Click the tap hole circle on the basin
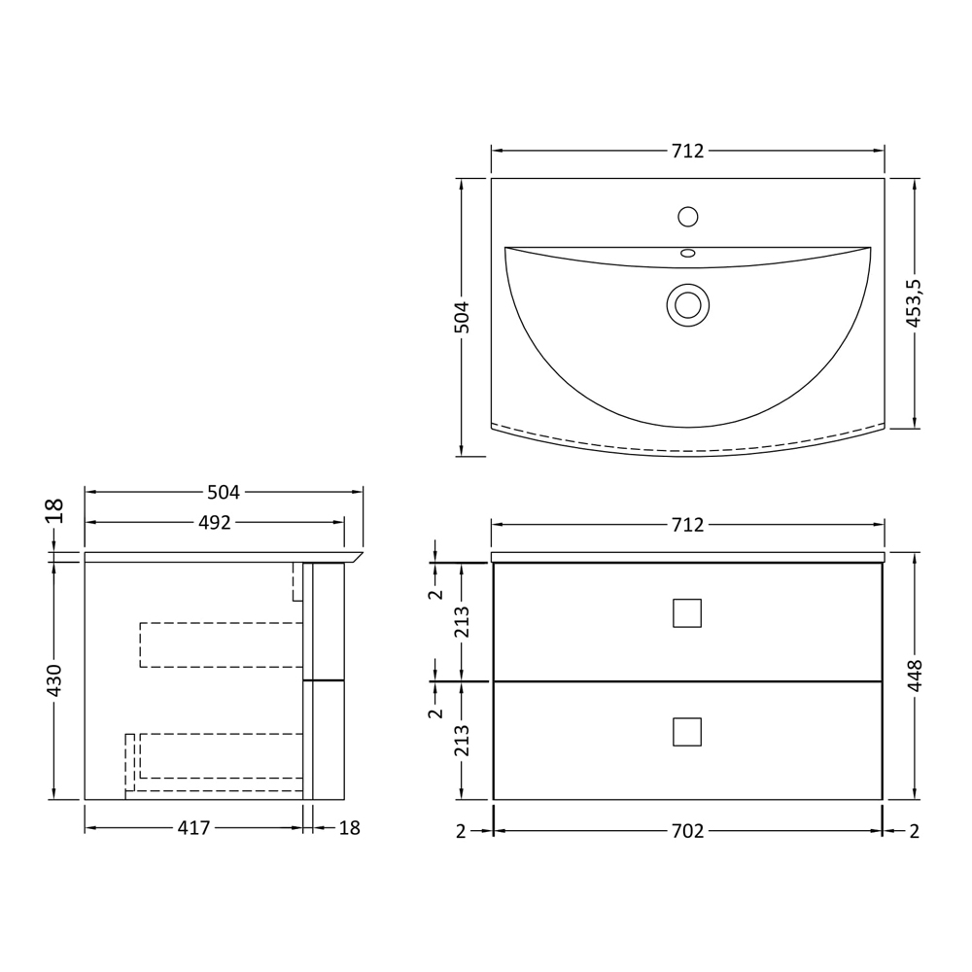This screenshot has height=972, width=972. click(x=688, y=217)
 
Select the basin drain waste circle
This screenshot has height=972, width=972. click(x=688, y=305)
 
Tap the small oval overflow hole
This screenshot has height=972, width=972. click(x=688, y=253)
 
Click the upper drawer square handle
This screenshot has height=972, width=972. click(x=687, y=613)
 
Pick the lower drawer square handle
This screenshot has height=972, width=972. click(x=687, y=732)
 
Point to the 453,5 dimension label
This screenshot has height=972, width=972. click(x=914, y=303)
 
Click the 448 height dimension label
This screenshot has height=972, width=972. click(x=915, y=676)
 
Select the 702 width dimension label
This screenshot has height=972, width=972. click(x=687, y=831)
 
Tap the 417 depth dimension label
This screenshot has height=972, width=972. click(x=193, y=829)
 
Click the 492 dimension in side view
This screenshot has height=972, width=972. click(x=215, y=523)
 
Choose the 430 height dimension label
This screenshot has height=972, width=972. click(x=54, y=680)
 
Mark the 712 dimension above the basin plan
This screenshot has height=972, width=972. click(x=687, y=152)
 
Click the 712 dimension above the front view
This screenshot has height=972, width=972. click(x=687, y=525)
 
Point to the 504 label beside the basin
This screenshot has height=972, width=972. click(x=462, y=317)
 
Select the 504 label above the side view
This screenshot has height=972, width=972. click(x=224, y=493)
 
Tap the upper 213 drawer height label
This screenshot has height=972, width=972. click(x=462, y=622)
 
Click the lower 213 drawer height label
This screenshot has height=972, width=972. click(x=462, y=741)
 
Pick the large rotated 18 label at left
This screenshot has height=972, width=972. click(x=54, y=510)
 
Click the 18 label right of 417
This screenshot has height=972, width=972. click(x=350, y=829)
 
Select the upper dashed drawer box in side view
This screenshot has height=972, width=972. click(x=222, y=644)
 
